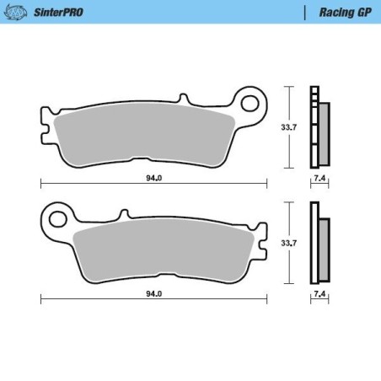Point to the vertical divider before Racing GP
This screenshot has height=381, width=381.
pos(303,13)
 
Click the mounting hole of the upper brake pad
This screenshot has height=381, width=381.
pos(250,104)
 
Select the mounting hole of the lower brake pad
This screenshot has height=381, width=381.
pos(58,220)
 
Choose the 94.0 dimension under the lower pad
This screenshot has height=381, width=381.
pos(153,294)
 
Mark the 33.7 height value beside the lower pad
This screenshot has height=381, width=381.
pos(287,243)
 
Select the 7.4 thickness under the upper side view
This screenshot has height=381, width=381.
pos(319,180)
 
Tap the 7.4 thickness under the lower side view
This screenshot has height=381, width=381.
pos(319,294)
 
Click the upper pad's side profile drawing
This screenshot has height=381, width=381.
pos(319,126)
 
